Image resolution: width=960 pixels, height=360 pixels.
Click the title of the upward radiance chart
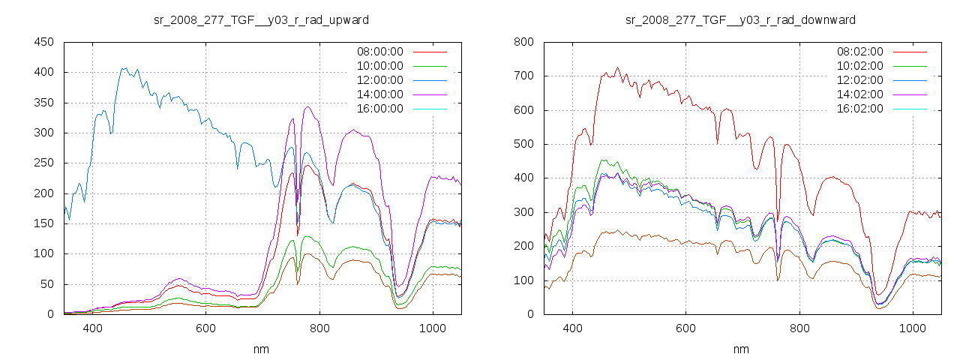click(x=262, y=19)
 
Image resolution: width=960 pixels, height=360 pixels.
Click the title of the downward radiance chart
click(x=740, y=19)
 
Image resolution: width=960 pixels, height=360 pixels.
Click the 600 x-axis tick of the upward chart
click(x=205, y=328)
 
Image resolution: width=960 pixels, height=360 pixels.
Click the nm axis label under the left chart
click(x=262, y=349)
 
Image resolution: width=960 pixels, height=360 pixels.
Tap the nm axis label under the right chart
click(x=740, y=349)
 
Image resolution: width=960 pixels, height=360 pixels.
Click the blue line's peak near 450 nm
click(x=124, y=68)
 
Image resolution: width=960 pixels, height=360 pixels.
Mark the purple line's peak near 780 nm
click(x=308, y=107)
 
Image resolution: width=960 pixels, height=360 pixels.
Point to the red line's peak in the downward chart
click(x=618, y=67)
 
